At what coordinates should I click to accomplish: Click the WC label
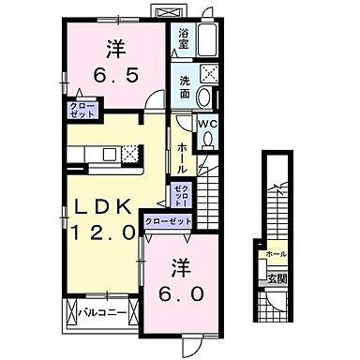(x=208, y=122)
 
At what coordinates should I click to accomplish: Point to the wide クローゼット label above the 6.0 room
(x=169, y=220)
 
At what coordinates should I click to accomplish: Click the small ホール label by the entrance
(x=276, y=254)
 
